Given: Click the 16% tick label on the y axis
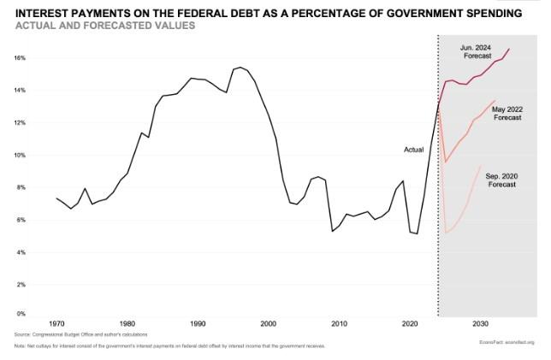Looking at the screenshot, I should (19, 57).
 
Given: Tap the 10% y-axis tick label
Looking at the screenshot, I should (19, 155).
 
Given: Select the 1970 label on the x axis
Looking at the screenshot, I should (56, 324).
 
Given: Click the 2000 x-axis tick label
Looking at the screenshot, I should (268, 324).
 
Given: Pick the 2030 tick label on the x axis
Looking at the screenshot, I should (480, 324).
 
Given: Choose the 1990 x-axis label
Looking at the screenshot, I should (198, 324).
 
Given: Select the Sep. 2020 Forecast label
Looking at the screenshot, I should (501, 180).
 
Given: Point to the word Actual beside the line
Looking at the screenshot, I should (413, 150).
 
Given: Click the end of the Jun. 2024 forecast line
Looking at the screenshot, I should (509, 49).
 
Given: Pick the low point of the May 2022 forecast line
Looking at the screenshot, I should (446, 162).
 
